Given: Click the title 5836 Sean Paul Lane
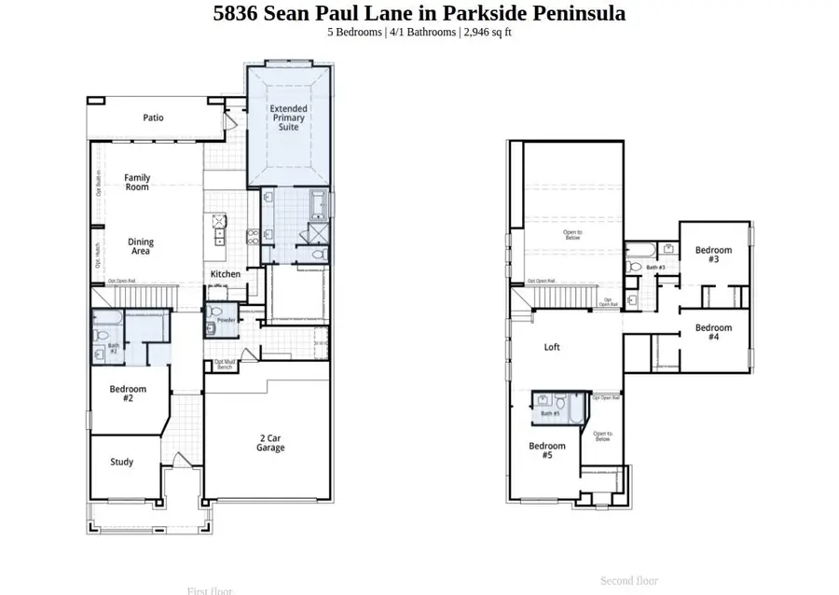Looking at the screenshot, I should coord(419,13).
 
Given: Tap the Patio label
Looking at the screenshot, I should coord(153,118).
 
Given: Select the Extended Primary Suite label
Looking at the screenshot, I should coord(289,118).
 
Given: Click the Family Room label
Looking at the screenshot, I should coord(137,182).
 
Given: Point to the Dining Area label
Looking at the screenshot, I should coord(141,247).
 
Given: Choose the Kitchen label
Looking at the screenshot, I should coord(225,274).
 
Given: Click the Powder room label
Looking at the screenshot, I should coord(227,320).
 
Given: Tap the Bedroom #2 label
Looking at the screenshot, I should coord(128,394).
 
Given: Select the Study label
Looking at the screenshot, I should coord(121,462).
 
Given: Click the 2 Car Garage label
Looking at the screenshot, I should coord(271,442).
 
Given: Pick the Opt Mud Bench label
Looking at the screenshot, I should coord(224,365).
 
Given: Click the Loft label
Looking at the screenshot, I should coord(552,347).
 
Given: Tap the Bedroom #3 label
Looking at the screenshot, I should coord(713,255).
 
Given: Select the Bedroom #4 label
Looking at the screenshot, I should coord(713,332).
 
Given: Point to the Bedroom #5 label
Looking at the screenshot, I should coord(546,450).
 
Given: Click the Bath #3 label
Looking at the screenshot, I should coord(655,268).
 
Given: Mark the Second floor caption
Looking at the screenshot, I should coord(629,580).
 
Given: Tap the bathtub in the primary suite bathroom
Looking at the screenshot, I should coord(318,201).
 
